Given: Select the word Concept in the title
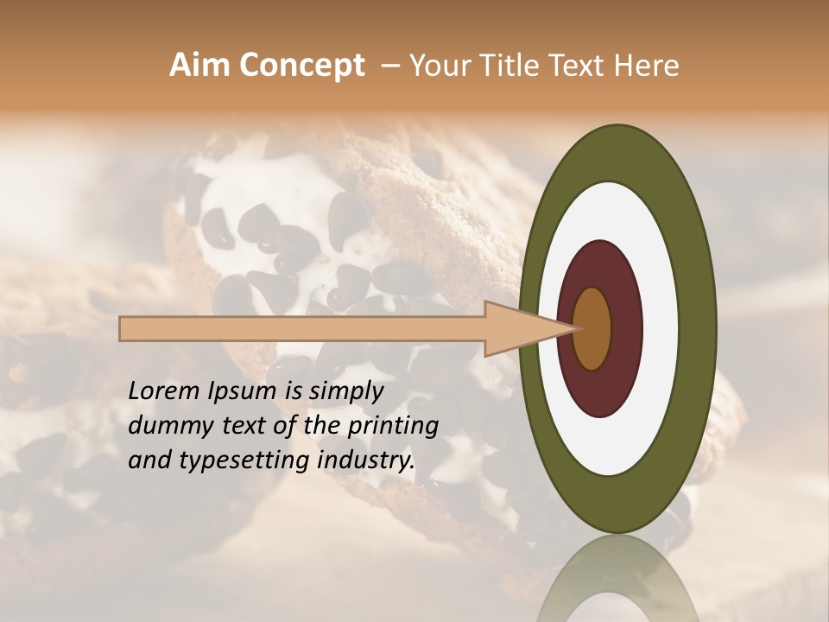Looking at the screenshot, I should (x=301, y=66).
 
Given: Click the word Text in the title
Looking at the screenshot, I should (x=574, y=66).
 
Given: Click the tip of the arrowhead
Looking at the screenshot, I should (x=577, y=328).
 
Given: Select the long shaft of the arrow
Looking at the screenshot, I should (x=302, y=329).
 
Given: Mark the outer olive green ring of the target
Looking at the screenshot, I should (x=699, y=328).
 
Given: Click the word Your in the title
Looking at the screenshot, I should (x=439, y=66).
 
